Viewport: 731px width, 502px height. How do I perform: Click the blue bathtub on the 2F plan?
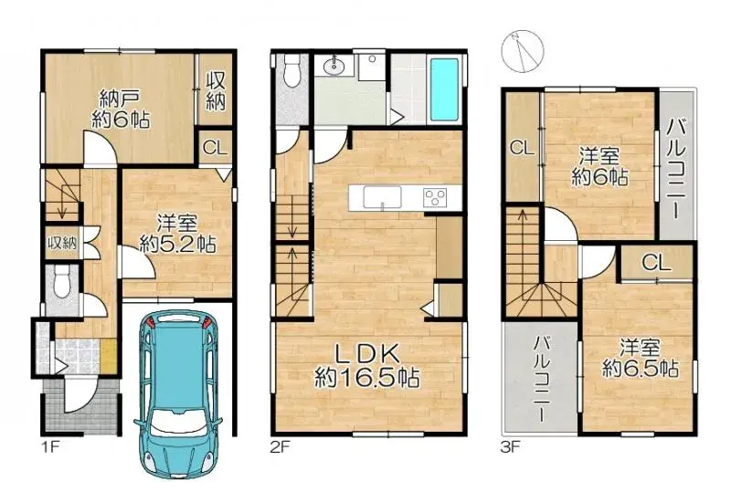(x=445, y=89)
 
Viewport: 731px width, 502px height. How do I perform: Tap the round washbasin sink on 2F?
(x=334, y=68)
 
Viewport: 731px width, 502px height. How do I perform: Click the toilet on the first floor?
(x=61, y=281)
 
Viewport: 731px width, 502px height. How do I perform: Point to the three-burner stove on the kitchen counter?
(x=435, y=196)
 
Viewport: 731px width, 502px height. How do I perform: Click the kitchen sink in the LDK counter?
(x=382, y=197)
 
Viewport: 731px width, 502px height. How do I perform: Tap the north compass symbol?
(x=522, y=51)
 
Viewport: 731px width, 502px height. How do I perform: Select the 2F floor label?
(x=281, y=447)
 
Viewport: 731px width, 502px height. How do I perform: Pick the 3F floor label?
(x=511, y=447)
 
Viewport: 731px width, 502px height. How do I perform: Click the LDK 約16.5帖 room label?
(x=367, y=367)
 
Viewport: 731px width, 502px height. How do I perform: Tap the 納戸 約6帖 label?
(x=121, y=110)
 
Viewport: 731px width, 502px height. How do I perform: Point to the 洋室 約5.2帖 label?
(x=177, y=234)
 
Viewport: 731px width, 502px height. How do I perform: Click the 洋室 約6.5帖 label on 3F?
(x=641, y=358)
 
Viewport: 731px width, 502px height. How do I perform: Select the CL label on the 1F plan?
(x=215, y=148)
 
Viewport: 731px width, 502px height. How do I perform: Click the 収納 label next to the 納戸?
(x=216, y=91)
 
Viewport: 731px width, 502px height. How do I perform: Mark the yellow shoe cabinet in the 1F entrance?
(x=109, y=356)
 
